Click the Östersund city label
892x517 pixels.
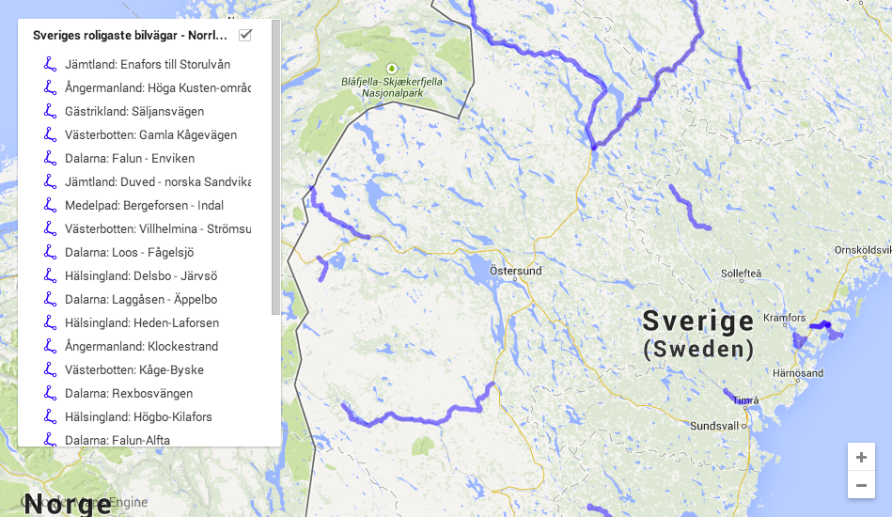[x=515, y=271]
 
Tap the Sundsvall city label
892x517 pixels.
[x=715, y=425]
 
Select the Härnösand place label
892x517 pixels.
[x=797, y=373]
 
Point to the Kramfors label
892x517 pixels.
[x=785, y=318]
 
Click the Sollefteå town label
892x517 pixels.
[x=741, y=274]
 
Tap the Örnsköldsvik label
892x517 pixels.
[x=862, y=250]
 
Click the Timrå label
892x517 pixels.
[x=745, y=400]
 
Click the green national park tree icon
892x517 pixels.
[x=392, y=68]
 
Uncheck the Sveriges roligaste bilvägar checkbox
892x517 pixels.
[x=245, y=36]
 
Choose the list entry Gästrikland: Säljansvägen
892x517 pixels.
[x=134, y=111]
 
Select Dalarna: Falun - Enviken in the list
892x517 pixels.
[x=130, y=158]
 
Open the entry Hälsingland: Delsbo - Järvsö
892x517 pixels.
[x=141, y=275]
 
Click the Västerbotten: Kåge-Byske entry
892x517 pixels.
[x=134, y=369]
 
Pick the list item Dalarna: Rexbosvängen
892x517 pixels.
[x=129, y=393]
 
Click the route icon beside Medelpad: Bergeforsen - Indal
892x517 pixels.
[x=50, y=205]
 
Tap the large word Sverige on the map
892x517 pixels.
[x=697, y=321]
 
